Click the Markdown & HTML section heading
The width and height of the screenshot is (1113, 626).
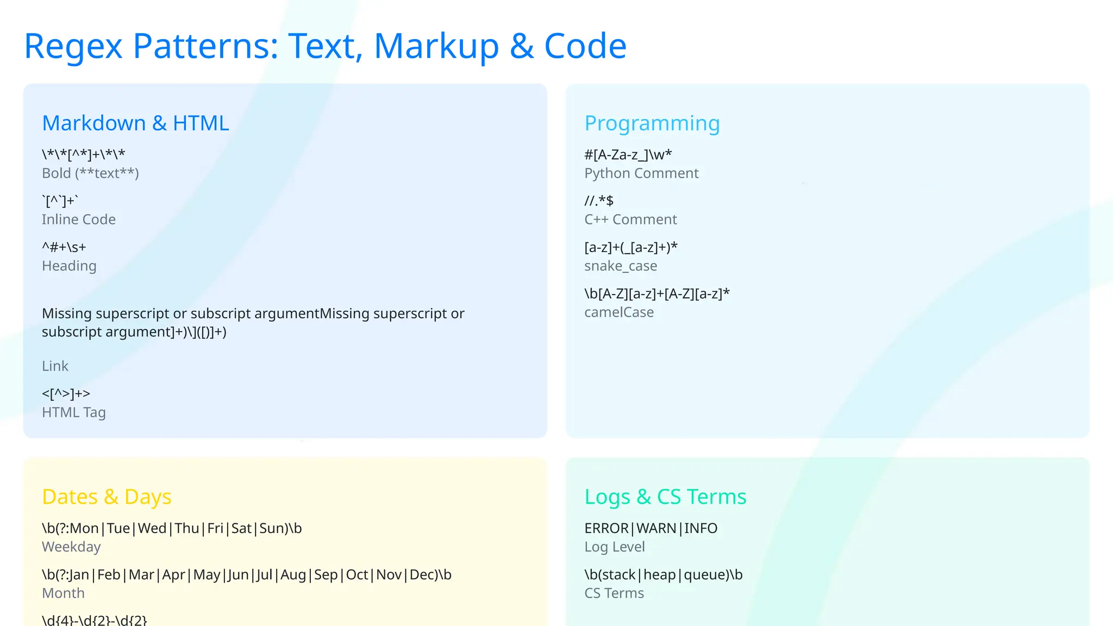135,123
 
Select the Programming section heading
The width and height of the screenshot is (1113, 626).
652,123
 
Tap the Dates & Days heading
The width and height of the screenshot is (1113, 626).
107,497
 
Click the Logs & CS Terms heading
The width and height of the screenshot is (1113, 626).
665,497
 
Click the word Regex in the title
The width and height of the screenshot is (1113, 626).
73,46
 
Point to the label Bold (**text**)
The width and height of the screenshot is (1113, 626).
90,173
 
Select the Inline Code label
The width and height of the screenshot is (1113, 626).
79,220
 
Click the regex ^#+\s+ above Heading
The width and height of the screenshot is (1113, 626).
64,247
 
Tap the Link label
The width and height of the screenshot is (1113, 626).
55,366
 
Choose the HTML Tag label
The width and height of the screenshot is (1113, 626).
74,412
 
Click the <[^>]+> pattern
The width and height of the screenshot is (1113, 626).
66,393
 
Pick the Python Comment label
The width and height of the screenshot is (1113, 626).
641,173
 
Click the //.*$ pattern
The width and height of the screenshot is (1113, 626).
599,201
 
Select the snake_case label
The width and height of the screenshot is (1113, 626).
621,266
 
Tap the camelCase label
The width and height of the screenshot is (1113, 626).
619,312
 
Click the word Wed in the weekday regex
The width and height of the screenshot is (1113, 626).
152,528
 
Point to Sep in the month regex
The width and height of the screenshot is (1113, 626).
326,575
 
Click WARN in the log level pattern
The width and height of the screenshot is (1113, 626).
656,528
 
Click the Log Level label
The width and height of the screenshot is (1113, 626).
615,547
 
